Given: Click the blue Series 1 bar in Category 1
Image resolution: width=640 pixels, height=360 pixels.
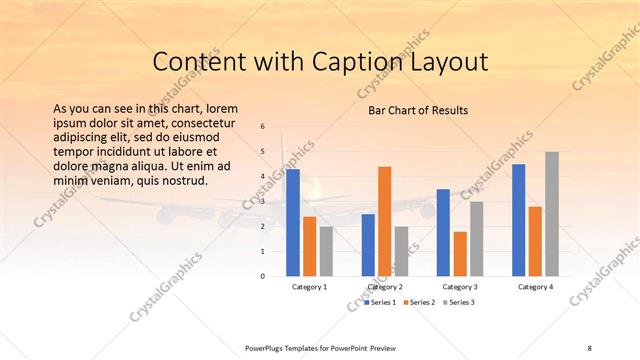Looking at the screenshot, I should click(293, 222).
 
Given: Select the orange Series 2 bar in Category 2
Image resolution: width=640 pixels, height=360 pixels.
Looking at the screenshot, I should click(384, 220).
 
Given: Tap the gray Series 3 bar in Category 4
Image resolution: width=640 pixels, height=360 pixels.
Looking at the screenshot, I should click(552, 213).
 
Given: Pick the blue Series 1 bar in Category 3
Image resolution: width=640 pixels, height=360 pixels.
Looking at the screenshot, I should click(443, 232).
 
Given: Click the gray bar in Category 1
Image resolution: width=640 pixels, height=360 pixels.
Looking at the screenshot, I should click(326, 250).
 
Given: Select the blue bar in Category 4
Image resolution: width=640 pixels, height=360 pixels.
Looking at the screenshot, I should click(518, 220).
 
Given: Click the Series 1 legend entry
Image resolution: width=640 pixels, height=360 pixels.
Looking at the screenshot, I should click(381, 301).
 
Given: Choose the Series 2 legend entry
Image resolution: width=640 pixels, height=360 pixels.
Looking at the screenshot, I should click(420, 301).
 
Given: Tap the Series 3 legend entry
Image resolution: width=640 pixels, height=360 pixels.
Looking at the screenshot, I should click(459, 301).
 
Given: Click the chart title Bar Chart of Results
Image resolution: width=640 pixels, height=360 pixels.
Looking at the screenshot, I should click(418, 110).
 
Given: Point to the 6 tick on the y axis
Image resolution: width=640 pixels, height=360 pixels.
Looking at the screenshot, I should click(262, 127).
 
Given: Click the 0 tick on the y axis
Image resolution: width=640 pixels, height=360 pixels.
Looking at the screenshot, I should click(262, 276).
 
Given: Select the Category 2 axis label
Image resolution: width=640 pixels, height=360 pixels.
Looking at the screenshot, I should click(384, 287).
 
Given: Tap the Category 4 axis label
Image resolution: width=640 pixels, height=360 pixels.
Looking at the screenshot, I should click(535, 287).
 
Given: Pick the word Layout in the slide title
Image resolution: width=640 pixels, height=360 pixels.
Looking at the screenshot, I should click(447, 62).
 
